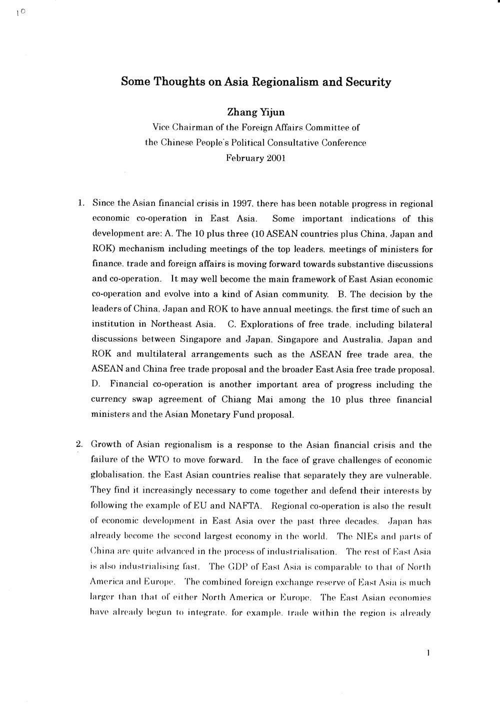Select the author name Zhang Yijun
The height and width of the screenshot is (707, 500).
point(255,113)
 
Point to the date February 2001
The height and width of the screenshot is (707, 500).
point(255,158)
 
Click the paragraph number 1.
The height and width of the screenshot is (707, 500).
point(80,203)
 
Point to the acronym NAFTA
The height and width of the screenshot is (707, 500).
point(254,491)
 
